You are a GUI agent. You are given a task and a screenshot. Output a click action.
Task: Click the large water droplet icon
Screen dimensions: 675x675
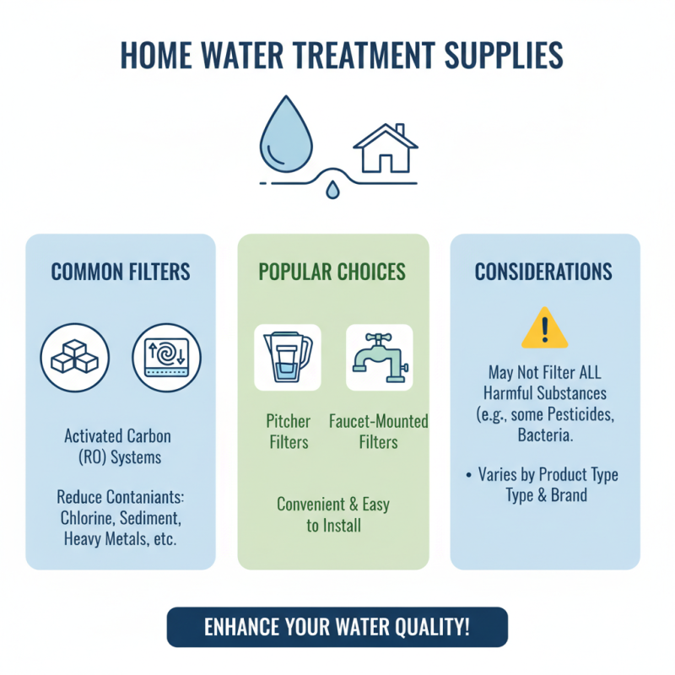click(289, 135)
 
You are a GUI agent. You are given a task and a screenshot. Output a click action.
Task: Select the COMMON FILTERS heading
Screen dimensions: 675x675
click(121, 272)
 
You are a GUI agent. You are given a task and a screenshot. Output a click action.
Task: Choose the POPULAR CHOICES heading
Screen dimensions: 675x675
click(332, 272)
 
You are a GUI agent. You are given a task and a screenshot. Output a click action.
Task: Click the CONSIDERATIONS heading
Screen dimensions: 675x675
click(543, 272)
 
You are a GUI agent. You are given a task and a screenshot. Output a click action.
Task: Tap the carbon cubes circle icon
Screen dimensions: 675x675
click(74, 357)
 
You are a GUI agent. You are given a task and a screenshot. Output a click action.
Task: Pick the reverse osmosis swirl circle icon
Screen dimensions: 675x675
click(167, 357)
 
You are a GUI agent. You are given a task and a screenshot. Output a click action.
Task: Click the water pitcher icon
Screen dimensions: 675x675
click(288, 357)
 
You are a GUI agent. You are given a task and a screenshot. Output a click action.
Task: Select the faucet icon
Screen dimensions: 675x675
click(380, 357)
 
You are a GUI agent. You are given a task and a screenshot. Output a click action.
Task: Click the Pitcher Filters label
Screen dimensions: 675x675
click(288, 430)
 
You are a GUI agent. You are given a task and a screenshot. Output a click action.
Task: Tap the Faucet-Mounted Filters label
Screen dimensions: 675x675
click(378, 430)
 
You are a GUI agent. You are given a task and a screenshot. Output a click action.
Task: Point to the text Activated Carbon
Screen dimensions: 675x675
click(117, 436)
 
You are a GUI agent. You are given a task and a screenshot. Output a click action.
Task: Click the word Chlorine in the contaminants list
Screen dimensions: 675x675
click(89, 516)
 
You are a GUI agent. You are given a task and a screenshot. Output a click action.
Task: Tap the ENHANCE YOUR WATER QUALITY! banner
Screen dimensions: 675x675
click(337, 627)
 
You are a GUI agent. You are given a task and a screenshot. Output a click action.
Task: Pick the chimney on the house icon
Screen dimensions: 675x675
click(401, 132)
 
